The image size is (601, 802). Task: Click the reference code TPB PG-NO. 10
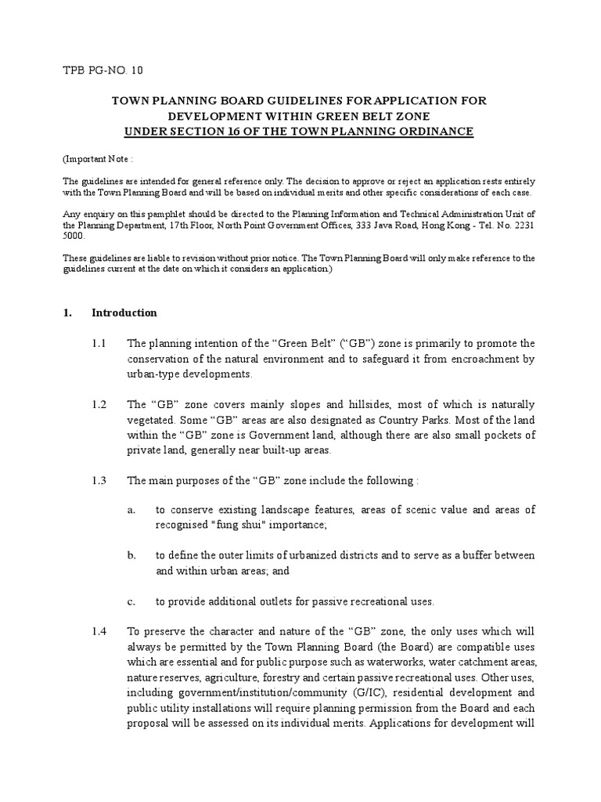pyautogui.click(x=103, y=70)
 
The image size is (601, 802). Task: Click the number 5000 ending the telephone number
pyautogui.click(x=75, y=234)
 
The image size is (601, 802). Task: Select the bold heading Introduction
pyautogui.click(x=124, y=312)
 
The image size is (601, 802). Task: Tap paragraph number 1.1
pyautogui.click(x=99, y=343)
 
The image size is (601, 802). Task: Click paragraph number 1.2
pyautogui.click(x=99, y=404)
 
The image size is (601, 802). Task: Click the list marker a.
pyautogui.click(x=131, y=510)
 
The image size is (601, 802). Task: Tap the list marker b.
pyautogui.click(x=131, y=555)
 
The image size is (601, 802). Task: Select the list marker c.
pyautogui.click(x=131, y=601)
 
